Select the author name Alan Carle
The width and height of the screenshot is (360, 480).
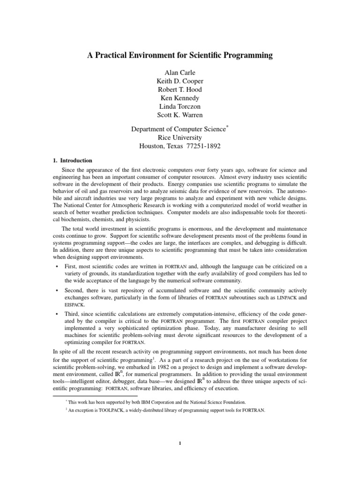coord(180,73)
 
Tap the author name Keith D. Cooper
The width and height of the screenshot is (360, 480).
coord(180,82)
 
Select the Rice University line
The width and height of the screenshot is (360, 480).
coord(180,137)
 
